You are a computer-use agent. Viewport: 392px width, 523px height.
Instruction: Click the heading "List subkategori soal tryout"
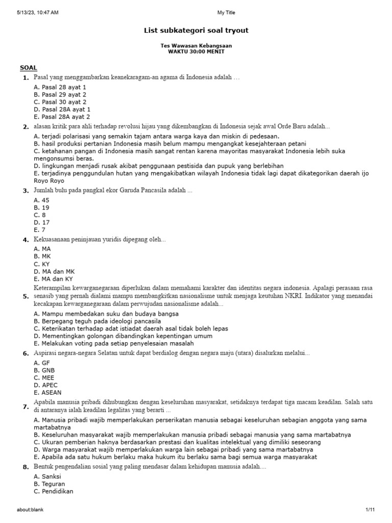tap(196, 31)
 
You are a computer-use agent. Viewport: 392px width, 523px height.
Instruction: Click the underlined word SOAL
tap(28, 67)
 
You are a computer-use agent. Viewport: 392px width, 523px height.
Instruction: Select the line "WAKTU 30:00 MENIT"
tap(196, 52)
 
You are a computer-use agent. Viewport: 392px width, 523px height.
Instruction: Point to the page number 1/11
tap(370, 510)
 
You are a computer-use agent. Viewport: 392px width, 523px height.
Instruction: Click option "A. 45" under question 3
tap(42, 200)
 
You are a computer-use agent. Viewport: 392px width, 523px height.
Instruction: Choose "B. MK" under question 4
tap(42, 256)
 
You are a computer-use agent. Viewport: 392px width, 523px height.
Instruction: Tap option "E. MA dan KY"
tap(53, 279)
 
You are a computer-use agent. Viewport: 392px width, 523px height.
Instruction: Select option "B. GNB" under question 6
tap(44, 370)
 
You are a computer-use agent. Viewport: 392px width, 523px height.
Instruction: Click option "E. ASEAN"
tap(47, 392)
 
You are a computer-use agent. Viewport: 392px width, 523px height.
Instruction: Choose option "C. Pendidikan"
tap(54, 491)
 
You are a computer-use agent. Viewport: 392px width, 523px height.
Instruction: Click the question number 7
tap(25, 407)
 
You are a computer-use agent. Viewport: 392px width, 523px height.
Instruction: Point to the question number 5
tap(25, 296)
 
